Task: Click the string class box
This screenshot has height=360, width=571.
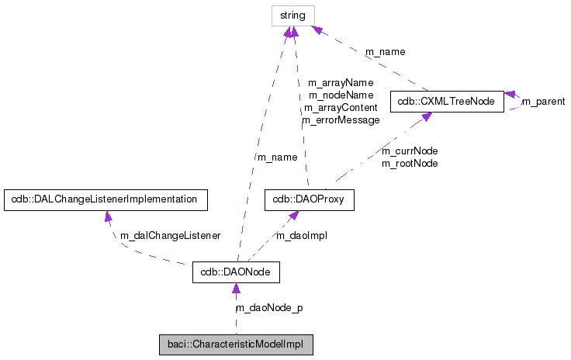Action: (x=292, y=15)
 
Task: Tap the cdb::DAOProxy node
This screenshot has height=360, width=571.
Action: (x=310, y=199)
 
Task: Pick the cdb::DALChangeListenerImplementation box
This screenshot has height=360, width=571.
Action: (x=106, y=199)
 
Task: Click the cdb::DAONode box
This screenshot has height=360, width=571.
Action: (x=236, y=273)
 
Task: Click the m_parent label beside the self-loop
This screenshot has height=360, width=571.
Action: (x=543, y=102)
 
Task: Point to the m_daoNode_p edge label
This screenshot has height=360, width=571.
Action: (x=269, y=308)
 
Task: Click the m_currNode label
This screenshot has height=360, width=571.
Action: (x=410, y=151)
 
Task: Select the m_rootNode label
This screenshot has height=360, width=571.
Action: (x=410, y=163)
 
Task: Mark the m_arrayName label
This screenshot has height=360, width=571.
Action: (x=341, y=82)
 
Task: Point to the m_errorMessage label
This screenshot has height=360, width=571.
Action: (x=341, y=120)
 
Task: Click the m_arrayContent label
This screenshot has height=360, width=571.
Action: (x=341, y=108)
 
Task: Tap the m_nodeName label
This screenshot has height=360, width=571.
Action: (x=341, y=95)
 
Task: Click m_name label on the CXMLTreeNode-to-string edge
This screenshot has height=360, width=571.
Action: (x=385, y=52)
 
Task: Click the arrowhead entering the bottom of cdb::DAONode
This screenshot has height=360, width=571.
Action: (x=236, y=289)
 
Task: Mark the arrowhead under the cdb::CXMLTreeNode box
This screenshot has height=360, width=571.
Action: (x=426, y=118)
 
